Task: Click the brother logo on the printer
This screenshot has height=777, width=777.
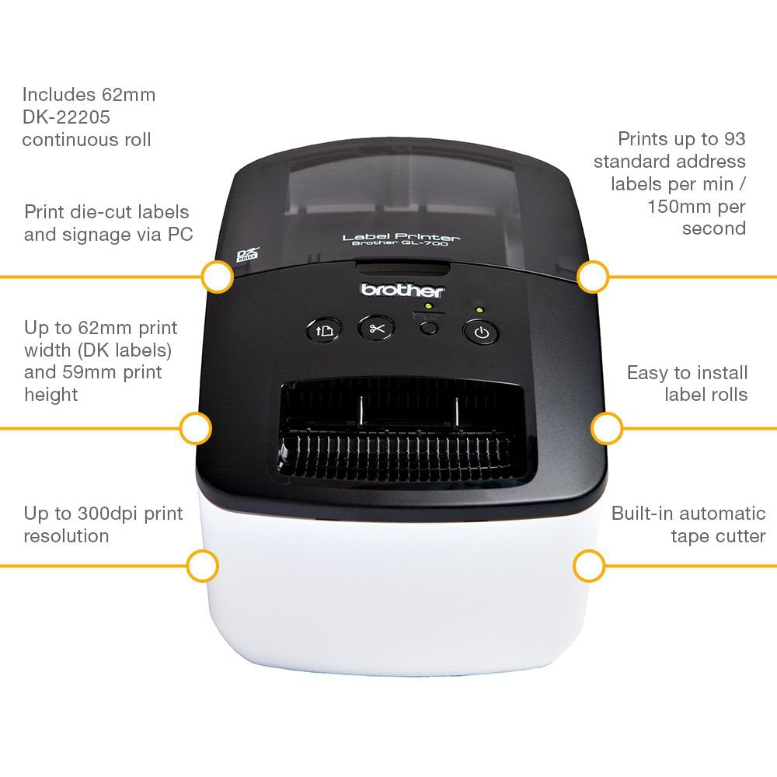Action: pyautogui.click(x=402, y=291)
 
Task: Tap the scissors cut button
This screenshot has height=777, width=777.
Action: pyautogui.click(x=377, y=328)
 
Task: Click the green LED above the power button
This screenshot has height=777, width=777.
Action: pyautogui.click(x=479, y=310)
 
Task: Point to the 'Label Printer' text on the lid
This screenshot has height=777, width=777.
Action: pyautogui.click(x=401, y=237)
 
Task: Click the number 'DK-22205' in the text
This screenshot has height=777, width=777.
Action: pyautogui.click(x=66, y=117)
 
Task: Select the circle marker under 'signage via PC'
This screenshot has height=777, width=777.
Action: pyautogui.click(x=217, y=277)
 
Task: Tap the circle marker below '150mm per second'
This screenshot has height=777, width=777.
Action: pyautogui.click(x=593, y=277)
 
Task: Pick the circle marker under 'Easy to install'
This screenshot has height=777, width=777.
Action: pyautogui.click(x=607, y=428)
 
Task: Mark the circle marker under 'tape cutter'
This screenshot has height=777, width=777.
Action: pyautogui.click(x=589, y=566)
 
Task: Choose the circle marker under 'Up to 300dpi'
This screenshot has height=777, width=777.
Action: pyautogui.click(x=203, y=566)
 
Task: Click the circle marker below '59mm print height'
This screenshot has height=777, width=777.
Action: pyautogui.click(x=195, y=428)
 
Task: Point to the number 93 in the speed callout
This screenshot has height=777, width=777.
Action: pyautogui.click(x=733, y=139)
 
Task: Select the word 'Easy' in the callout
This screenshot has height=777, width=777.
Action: pyautogui.click(x=648, y=373)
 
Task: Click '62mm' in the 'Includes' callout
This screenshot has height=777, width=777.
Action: pyautogui.click(x=128, y=95)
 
